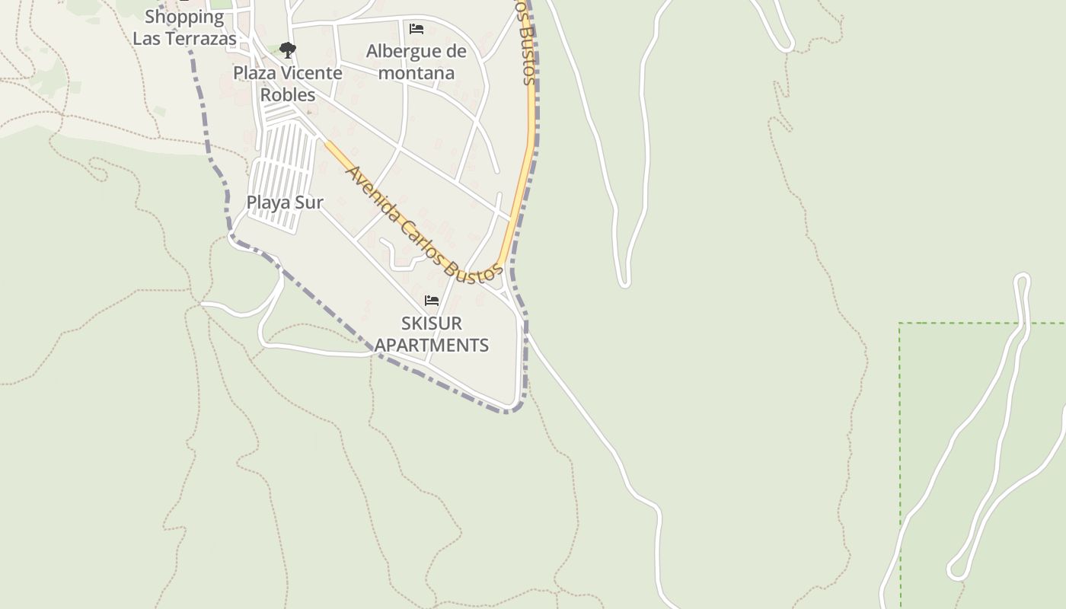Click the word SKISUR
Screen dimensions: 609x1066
(x=431, y=323)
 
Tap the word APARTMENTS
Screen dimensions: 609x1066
(x=431, y=345)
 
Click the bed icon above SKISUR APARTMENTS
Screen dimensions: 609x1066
(x=432, y=301)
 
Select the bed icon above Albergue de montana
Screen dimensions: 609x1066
(x=417, y=29)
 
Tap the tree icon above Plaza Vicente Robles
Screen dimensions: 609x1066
(x=287, y=50)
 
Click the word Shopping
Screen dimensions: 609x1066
(x=184, y=17)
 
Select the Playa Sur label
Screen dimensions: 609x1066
(x=285, y=202)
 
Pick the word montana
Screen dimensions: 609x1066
(x=417, y=73)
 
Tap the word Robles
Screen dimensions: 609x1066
(x=288, y=94)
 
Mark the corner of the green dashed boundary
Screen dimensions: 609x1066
(x=900, y=324)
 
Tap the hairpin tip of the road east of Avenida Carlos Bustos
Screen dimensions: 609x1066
(x=624, y=283)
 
